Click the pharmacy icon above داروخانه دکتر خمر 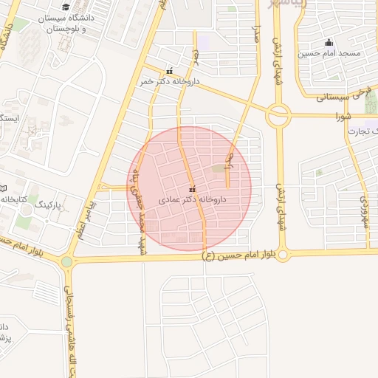click(170, 72)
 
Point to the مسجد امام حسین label click(329, 54)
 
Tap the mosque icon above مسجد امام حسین click(329, 43)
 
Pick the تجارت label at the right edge click(367, 131)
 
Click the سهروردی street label click(363, 211)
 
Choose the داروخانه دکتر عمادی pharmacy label click(192, 199)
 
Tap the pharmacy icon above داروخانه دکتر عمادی click(192, 189)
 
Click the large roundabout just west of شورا click(279, 115)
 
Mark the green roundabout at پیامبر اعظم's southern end click(67, 261)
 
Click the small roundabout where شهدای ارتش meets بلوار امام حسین click(281, 255)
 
